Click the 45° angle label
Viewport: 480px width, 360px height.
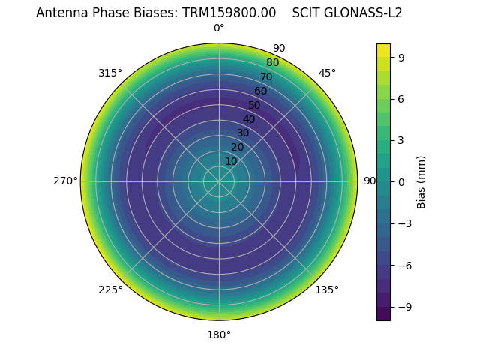327,73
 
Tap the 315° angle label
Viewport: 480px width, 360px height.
109,73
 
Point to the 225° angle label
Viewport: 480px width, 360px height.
110,290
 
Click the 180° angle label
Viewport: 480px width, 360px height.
219,334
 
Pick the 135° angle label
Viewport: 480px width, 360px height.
327,290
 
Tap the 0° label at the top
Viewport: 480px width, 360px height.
219,28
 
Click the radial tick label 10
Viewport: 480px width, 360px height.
231,161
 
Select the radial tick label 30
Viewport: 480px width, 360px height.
243,133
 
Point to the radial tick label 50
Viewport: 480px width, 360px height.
255,105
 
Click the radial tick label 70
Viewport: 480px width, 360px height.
266,76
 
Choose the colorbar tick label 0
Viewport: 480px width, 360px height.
401,181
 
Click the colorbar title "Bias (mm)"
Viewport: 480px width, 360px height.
421,181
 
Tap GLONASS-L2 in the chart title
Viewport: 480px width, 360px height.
362,13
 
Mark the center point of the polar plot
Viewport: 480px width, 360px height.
219,181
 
